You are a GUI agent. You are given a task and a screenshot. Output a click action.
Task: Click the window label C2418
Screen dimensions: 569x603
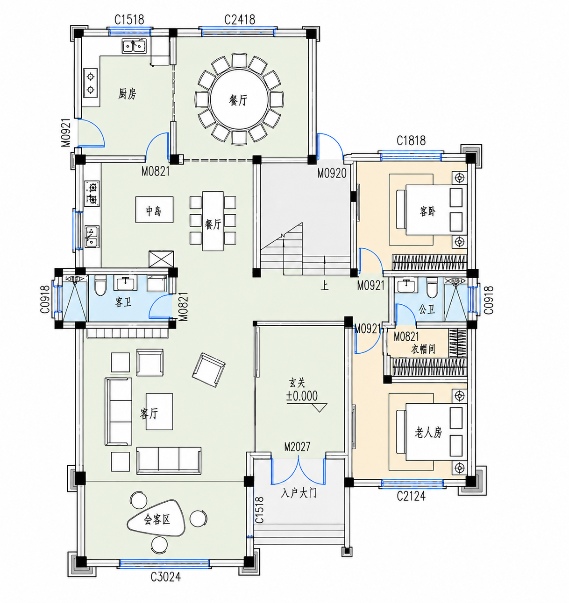[240, 20]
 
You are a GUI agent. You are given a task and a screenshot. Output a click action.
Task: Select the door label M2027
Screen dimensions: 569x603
[297, 447]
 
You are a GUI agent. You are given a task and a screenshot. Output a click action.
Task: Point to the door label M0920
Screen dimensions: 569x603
[332, 173]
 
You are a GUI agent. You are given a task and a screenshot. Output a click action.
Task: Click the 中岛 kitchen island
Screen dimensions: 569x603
[155, 210]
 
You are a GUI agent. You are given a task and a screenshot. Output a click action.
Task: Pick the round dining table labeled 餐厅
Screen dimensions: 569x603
[239, 99]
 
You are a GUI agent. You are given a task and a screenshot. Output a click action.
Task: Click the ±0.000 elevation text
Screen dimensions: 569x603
[302, 396]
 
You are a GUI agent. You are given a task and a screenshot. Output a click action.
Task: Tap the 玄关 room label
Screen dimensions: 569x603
[297, 383]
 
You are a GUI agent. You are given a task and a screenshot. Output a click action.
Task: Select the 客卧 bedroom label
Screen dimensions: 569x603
[427, 211]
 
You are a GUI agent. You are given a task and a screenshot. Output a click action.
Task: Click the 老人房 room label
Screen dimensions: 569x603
[428, 432]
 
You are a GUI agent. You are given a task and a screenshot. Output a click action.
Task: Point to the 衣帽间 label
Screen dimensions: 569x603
[423, 349]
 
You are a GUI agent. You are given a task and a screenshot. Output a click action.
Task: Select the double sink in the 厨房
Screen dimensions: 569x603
[134, 46]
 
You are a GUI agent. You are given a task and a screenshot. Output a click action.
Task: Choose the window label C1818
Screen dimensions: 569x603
[411, 140]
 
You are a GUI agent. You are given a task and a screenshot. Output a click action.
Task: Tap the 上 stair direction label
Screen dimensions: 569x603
[325, 286]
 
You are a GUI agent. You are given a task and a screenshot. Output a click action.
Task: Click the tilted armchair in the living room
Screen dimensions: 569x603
[208, 370]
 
